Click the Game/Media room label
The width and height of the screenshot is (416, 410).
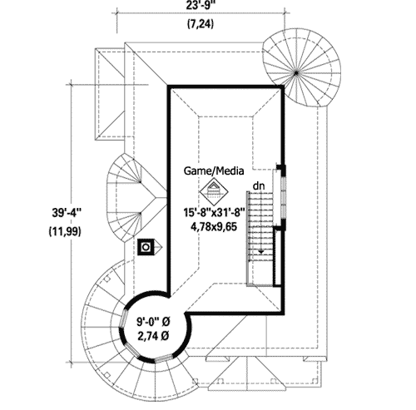pyautogui.click(x=214, y=171)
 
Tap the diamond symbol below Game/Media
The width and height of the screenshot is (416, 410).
pyautogui.click(x=214, y=190)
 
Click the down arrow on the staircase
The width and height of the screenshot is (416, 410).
pyautogui.click(x=262, y=248)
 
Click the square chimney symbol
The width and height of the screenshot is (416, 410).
pyautogui.click(x=146, y=247)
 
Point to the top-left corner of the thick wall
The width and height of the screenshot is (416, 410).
pyautogui.click(x=171, y=86)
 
